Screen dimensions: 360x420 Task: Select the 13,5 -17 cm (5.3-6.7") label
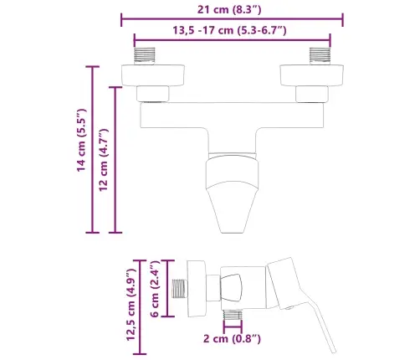pos(231,30)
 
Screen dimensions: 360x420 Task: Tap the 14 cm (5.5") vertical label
pos(81,141)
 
